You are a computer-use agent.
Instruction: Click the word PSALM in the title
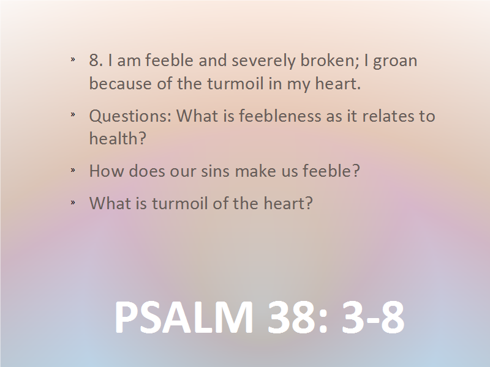[x=184, y=317]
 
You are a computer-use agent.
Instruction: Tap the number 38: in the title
[x=298, y=317]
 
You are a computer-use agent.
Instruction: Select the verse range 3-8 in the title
[x=373, y=317]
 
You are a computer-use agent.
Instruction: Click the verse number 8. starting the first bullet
[x=96, y=60]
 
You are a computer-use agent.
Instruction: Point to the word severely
[x=263, y=61]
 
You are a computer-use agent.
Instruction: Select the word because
[x=120, y=84]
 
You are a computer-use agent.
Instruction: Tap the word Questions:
[x=130, y=116]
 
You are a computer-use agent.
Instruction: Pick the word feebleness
[x=281, y=116]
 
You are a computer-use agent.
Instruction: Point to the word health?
[x=118, y=138]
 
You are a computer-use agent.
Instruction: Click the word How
[x=107, y=171]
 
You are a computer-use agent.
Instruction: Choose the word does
[x=147, y=171]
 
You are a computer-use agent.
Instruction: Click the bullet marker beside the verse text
[x=73, y=59]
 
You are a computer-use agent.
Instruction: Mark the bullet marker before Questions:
[x=73, y=114]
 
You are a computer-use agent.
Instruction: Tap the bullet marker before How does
[x=73, y=170]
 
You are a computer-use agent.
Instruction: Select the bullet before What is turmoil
[x=73, y=202]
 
